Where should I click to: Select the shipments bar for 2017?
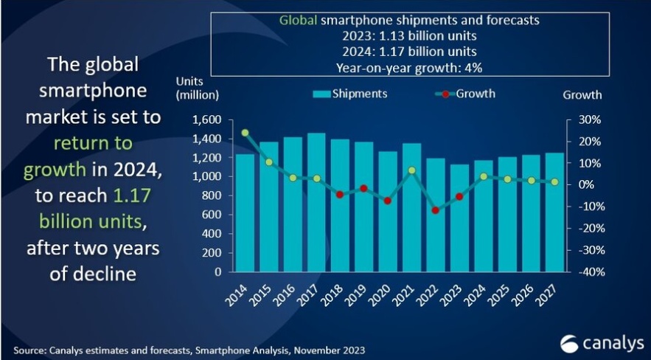(x=316, y=203)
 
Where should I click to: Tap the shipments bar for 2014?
(x=245, y=213)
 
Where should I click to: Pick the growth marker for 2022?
(x=436, y=210)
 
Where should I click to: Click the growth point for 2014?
(x=245, y=133)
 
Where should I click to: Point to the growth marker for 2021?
(x=412, y=170)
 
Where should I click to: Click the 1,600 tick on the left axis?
(x=206, y=120)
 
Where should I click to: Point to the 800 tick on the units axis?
(x=212, y=195)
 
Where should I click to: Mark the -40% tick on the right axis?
(x=590, y=271)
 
